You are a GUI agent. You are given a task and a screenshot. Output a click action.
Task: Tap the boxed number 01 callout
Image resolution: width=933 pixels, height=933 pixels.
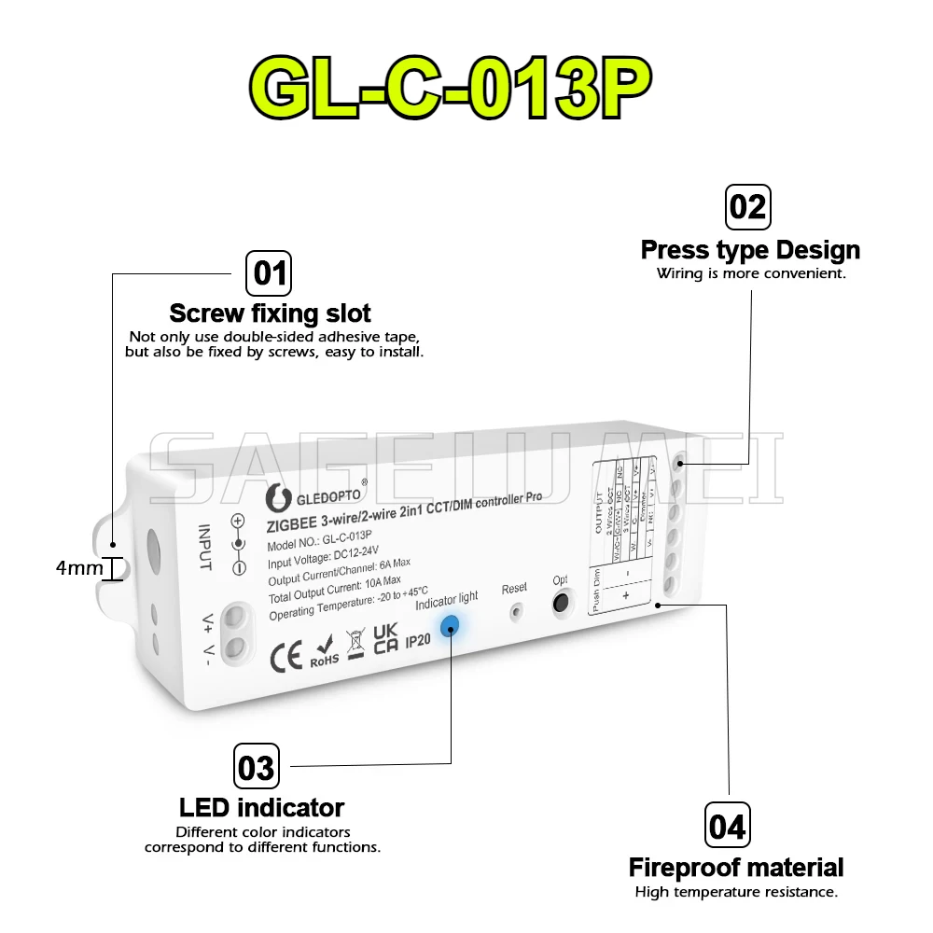point(268,274)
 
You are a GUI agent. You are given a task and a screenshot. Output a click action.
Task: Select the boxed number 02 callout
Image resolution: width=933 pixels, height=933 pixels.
point(747,206)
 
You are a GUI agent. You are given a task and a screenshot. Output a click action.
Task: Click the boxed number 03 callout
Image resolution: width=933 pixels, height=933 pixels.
point(256,768)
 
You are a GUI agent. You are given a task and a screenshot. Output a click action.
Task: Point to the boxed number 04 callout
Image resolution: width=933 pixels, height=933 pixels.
point(727,827)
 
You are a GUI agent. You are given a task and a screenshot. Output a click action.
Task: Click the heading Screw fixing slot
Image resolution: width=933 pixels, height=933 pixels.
point(270,313)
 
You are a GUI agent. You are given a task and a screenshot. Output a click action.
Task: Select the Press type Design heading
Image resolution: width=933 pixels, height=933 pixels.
point(750,250)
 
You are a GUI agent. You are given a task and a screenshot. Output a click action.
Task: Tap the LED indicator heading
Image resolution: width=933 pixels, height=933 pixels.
point(261,807)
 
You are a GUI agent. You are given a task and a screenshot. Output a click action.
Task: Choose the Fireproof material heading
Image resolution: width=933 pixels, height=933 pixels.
point(736,868)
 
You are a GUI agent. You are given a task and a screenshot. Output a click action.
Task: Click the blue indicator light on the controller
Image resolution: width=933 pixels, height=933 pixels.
point(450,626)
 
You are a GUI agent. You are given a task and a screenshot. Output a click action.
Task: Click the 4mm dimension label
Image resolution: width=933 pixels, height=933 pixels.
point(79,567)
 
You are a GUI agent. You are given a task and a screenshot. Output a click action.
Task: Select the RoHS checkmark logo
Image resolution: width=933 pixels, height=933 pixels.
point(324,651)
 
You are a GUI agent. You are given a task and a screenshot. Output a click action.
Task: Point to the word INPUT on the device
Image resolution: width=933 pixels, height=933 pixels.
point(204,547)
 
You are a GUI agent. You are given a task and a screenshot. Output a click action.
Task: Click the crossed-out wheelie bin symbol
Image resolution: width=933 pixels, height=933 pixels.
point(355,645)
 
